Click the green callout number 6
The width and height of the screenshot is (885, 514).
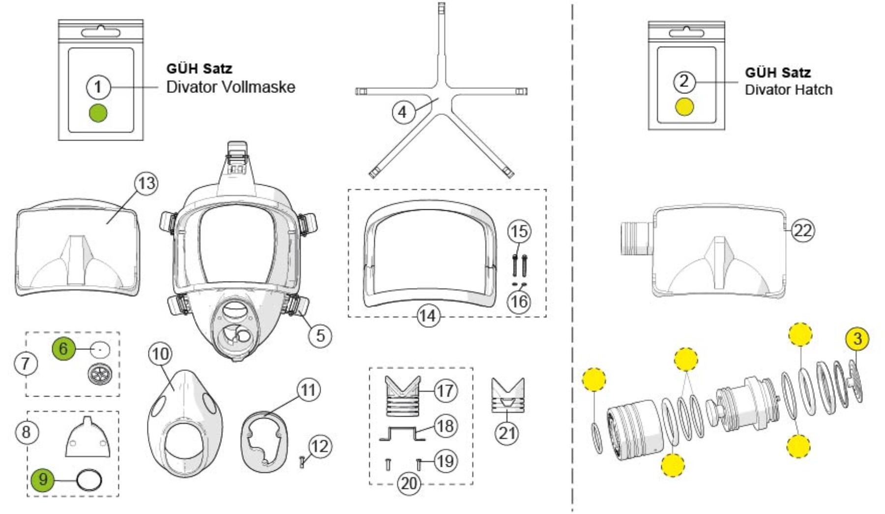[x=63, y=348]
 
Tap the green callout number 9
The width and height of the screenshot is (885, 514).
[x=43, y=479]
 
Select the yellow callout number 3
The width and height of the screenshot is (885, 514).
[x=857, y=339]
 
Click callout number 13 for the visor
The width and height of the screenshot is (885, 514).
[x=146, y=183]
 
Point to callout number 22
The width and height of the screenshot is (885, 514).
[x=802, y=230]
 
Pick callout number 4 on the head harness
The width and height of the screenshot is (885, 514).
[x=403, y=112]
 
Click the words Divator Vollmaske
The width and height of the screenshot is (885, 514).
[x=231, y=87]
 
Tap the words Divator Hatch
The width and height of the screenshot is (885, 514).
[x=788, y=89]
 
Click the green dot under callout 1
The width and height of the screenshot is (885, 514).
[x=98, y=113]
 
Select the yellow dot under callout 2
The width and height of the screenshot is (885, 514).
[x=684, y=107]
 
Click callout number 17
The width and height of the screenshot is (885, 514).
[x=445, y=391]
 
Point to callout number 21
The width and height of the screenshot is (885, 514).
[x=507, y=433]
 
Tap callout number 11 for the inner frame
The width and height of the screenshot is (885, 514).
[x=308, y=390]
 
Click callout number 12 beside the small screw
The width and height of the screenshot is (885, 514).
[x=320, y=446]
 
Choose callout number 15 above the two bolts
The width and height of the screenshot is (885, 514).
[x=519, y=231]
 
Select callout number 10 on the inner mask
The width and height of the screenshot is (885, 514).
[x=160, y=354]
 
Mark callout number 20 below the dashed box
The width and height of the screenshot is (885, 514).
[x=409, y=484]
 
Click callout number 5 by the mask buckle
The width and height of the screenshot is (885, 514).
[x=320, y=336]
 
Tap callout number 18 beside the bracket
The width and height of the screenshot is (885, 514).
[x=445, y=426]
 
